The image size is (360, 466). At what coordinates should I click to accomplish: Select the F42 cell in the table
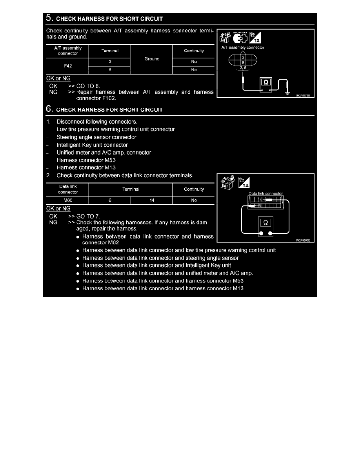coord(68,66)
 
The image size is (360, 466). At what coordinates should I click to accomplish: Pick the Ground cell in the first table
coord(152,59)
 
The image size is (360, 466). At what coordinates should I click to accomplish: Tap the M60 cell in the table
coord(68,200)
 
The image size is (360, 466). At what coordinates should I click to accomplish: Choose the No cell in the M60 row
coord(194,200)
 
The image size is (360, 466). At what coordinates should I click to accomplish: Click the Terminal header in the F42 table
coord(110,51)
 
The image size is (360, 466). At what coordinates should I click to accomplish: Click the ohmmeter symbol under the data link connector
coord(265,222)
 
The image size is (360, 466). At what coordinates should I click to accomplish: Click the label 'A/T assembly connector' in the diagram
coord(243,47)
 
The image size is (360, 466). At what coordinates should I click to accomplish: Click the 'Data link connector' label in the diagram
coord(265,194)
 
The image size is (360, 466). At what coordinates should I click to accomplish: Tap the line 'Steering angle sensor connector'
coord(96,137)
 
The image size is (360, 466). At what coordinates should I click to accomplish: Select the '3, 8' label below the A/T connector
coord(243,68)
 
